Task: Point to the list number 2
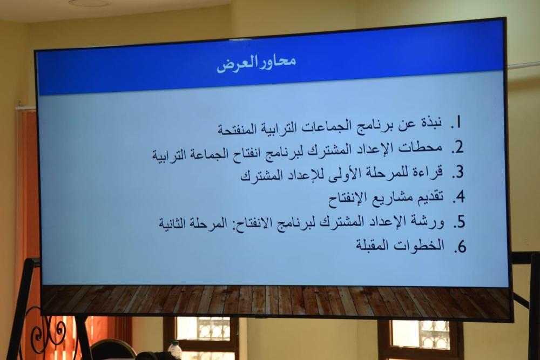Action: (x=457, y=147)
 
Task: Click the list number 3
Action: (x=458, y=172)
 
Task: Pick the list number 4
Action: (x=458, y=197)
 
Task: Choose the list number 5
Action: (x=459, y=222)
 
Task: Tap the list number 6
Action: (x=460, y=247)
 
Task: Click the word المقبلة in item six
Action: (x=373, y=246)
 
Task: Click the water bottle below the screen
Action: (x=175, y=350)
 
